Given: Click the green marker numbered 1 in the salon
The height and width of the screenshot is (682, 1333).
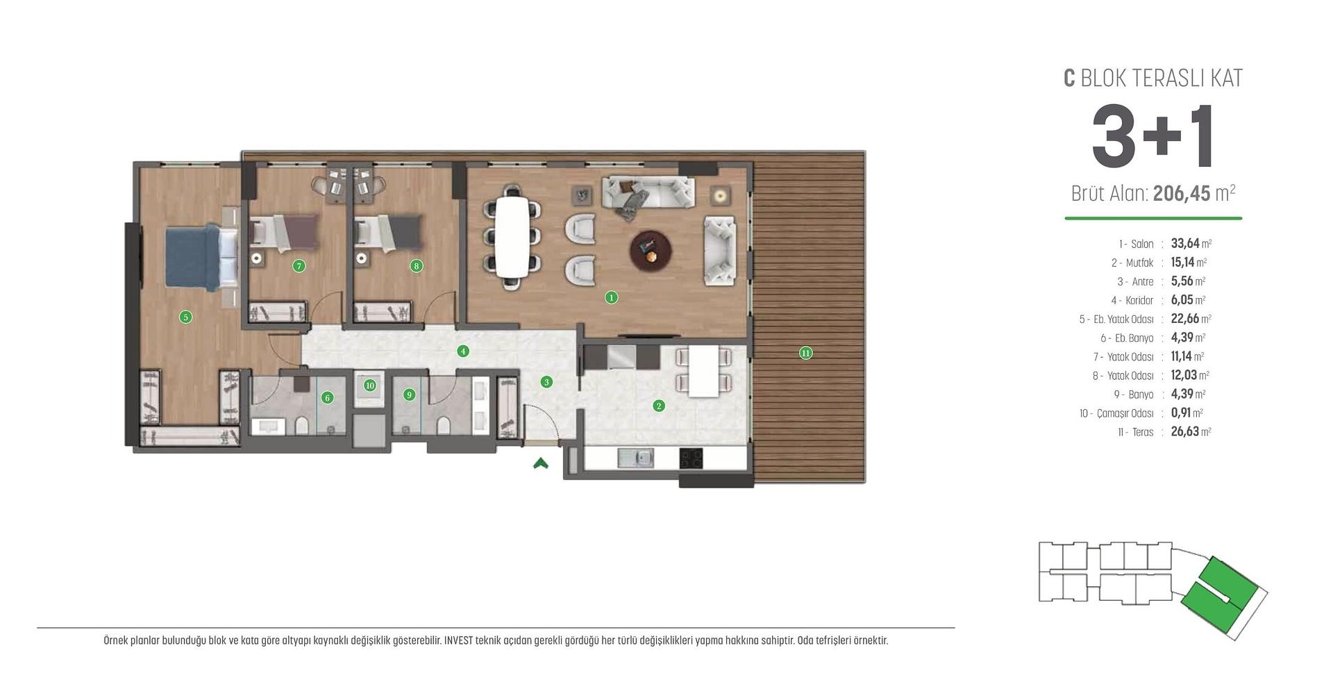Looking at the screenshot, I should [611, 297].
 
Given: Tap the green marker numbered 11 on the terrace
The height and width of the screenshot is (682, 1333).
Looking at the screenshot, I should [805, 353].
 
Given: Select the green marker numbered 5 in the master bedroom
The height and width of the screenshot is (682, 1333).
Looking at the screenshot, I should [185, 317].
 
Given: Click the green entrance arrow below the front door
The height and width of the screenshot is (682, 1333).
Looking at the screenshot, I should [541, 463].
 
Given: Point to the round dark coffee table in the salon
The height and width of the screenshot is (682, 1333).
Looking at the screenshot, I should [651, 251].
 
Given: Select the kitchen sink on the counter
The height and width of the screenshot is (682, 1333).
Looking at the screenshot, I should [635, 458].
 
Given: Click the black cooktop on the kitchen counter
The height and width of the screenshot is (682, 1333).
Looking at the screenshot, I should [691, 458].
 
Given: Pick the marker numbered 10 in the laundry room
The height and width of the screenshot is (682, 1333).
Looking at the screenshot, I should [369, 385].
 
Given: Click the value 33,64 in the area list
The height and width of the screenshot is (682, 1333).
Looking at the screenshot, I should [1184, 244].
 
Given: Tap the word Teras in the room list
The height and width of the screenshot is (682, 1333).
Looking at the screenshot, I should [1142, 432].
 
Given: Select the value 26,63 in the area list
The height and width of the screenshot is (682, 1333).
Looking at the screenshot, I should [1184, 432].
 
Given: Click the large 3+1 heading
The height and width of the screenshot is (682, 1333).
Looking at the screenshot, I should [1152, 137].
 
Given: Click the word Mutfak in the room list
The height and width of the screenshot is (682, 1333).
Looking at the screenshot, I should [1139, 263].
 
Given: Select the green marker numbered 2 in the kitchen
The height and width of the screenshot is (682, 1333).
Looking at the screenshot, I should [659, 406].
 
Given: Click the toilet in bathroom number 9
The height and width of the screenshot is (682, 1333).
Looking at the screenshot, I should [444, 425].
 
